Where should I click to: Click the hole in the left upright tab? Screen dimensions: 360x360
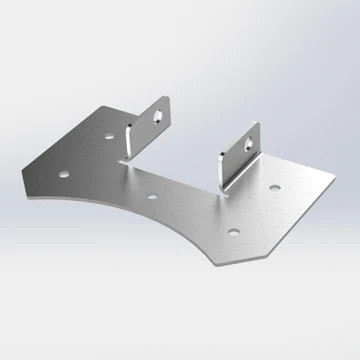point(156,114)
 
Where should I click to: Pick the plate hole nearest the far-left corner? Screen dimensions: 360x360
point(63,173)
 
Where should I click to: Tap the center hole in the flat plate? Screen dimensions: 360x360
point(150,195)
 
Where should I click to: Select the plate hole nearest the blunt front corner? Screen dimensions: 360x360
point(232,232)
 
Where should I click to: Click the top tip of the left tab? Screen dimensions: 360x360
point(163,98)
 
